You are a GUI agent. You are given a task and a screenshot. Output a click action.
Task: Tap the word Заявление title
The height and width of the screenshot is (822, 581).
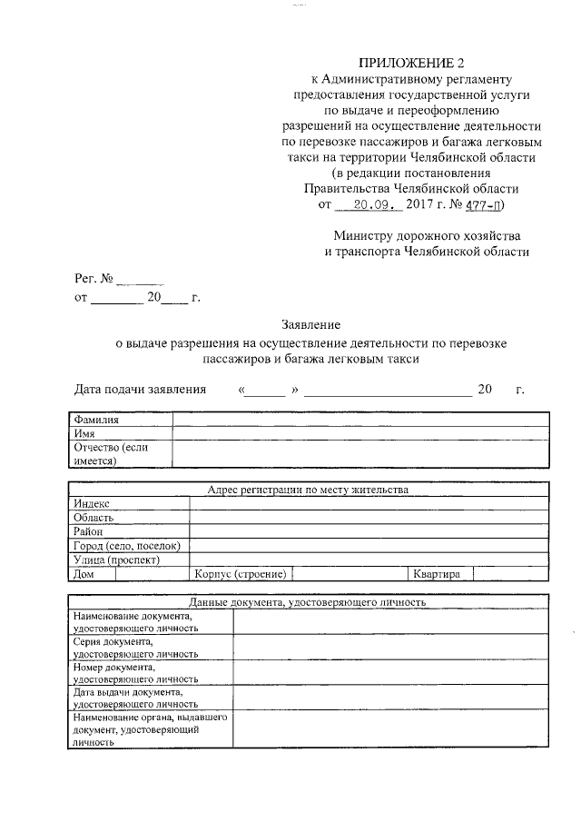[310, 325]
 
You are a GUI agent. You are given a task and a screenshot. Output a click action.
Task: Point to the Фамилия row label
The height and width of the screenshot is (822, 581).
[95, 420]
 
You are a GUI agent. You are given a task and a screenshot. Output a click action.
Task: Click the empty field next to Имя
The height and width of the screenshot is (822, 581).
[360, 433]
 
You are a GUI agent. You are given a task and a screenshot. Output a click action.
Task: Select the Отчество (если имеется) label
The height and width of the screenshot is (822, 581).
[110, 453]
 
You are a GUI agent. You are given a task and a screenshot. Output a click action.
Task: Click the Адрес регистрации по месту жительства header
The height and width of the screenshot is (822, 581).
[309, 490]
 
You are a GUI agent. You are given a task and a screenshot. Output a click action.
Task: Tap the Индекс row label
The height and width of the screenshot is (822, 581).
[93, 503]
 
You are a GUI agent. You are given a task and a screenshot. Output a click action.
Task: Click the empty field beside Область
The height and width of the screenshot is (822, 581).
[368, 517]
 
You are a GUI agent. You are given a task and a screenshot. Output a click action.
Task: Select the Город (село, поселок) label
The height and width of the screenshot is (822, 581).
[127, 546]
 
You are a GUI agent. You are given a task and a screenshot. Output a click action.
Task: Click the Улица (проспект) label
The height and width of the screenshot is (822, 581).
[116, 560]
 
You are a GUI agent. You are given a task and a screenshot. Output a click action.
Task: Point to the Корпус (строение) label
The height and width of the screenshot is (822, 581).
[241, 574]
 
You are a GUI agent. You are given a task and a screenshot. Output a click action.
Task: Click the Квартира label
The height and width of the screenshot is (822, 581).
[438, 574]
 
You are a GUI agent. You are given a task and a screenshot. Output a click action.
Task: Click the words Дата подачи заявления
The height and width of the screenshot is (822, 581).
[139, 390]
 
